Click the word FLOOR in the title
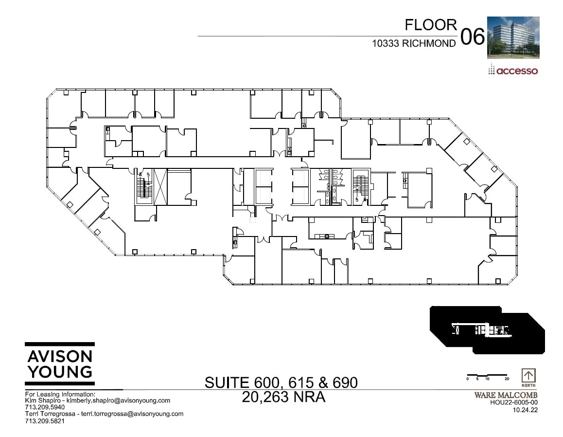pos(431,25)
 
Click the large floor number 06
pos(472,37)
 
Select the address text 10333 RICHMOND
pos(414,43)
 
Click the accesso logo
pos(513,71)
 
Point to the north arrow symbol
pos(528,376)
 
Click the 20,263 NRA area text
pos(283,398)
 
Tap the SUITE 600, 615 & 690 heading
pos(281,382)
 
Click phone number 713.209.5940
pos(45,407)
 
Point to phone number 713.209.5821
pos(45,420)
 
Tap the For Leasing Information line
pos(60,394)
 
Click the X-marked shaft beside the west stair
pos(159,187)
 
